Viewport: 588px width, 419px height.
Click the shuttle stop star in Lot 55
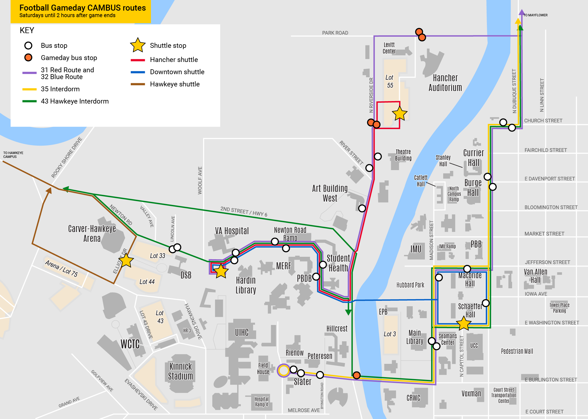coord(400,114)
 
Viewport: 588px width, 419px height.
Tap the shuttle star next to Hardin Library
coord(221,271)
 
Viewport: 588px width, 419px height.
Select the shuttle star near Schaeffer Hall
coord(463,323)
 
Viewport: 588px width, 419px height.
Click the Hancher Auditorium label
coord(445,83)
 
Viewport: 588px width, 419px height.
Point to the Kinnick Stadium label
coord(181,371)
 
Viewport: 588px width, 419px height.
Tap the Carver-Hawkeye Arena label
coord(92,233)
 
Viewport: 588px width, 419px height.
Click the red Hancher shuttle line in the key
coord(138,60)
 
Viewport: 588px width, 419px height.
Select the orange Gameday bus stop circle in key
coord(28,58)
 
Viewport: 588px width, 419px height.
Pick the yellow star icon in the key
coord(138,45)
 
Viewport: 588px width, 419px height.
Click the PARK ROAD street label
coord(335,33)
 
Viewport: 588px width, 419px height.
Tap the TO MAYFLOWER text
coord(535,15)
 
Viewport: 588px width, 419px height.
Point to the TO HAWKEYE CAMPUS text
coord(13,155)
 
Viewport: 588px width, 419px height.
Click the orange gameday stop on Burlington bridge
coord(356,375)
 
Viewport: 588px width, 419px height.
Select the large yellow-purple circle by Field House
coord(284,370)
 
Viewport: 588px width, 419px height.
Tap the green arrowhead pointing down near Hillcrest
coord(348,312)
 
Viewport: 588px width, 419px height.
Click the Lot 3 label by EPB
coord(390,334)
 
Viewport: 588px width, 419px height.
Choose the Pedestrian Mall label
coord(517,351)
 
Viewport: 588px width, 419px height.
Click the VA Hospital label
coord(232,231)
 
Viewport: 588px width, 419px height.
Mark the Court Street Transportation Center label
coord(503,395)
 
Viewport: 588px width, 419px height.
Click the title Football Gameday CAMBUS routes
coord(82,8)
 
